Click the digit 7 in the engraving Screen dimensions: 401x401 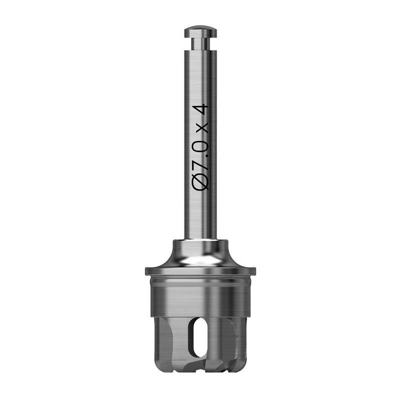(x=200, y=163)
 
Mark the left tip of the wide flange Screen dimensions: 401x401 (x=146, y=271)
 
